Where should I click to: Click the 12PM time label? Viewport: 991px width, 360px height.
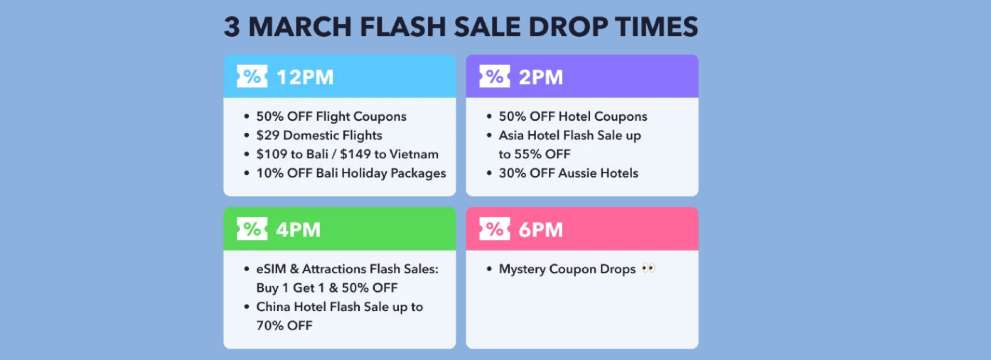(305, 77)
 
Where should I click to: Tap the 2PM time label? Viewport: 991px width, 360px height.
(541, 77)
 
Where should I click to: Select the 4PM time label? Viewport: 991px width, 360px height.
(298, 229)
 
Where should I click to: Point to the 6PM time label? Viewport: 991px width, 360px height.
(541, 229)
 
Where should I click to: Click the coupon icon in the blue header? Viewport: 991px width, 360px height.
(252, 77)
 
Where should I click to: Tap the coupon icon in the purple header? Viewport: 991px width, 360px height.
(495, 77)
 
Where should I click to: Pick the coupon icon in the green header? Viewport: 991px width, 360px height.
(252, 229)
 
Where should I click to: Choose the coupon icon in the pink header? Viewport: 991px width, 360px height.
(495, 229)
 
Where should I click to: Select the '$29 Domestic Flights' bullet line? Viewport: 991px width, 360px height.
(319, 135)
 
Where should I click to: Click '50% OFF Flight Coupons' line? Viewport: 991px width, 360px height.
(331, 116)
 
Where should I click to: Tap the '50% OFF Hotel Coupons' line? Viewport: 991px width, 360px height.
(573, 116)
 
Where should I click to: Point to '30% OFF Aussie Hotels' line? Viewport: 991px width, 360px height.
(568, 173)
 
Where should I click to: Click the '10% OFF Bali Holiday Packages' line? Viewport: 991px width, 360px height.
(350, 173)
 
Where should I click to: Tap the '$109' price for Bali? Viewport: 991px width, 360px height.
(275, 154)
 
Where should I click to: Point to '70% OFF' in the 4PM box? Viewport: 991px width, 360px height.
(284, 325)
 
